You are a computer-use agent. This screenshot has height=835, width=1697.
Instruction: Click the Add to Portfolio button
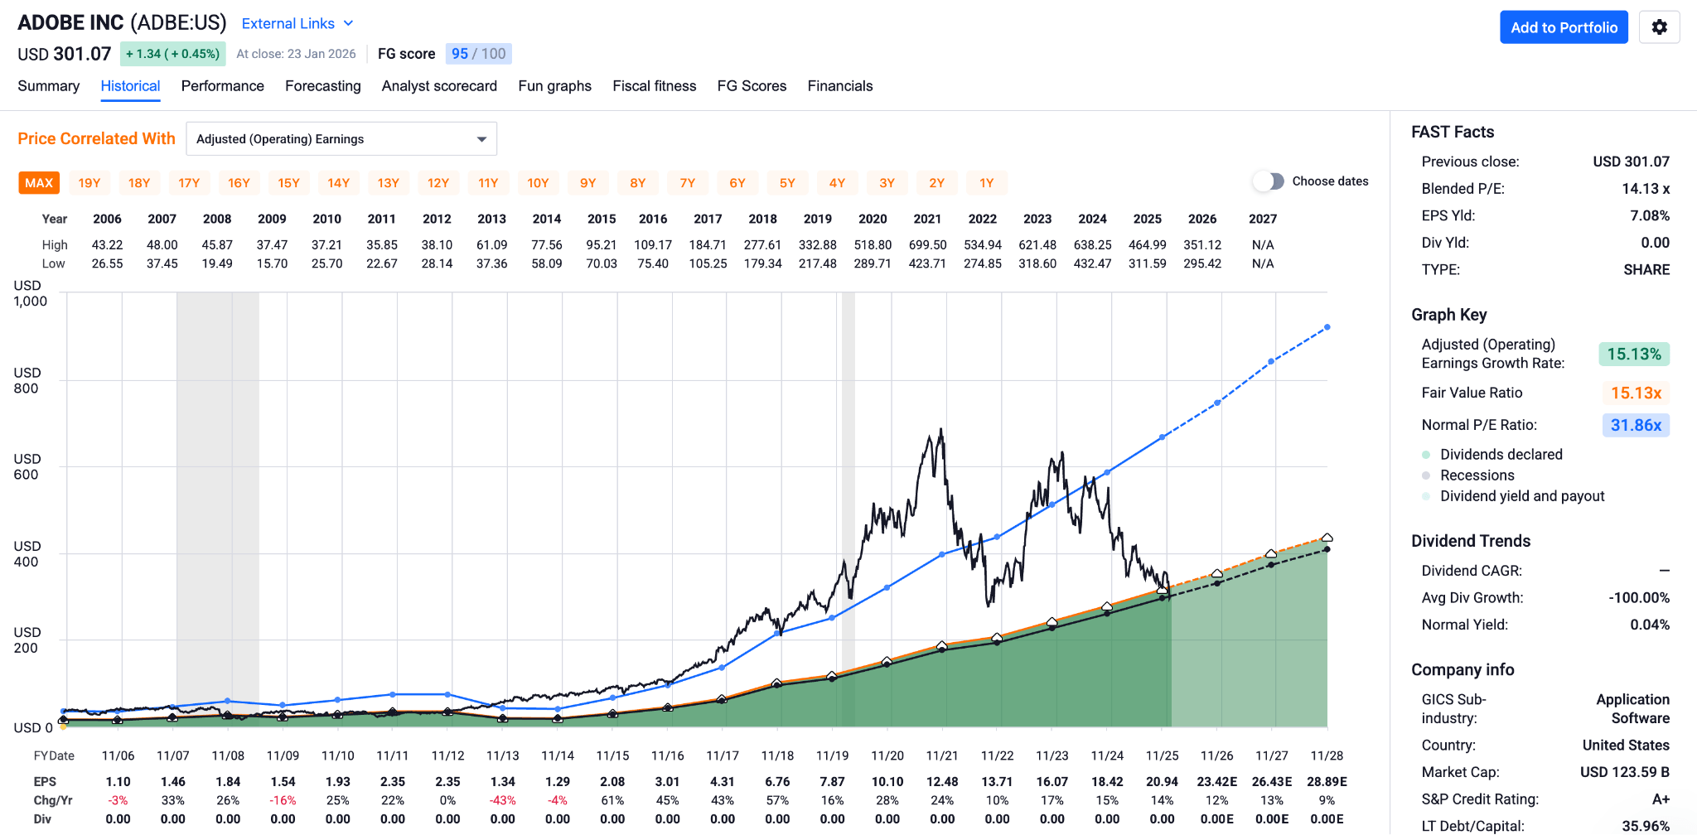tap(1564, 27)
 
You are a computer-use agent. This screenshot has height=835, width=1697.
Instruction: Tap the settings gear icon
tap(1659, 27)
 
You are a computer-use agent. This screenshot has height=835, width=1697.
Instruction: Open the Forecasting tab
tap(322, 86)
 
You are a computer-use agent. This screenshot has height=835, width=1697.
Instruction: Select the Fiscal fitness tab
tap(654, 86)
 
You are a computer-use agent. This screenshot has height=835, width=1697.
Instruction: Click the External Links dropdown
tap(297, 24)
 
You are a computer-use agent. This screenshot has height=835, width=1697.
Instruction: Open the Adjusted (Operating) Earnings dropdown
tap(341, 139)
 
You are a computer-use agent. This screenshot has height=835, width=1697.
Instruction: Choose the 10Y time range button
tap(538, 183)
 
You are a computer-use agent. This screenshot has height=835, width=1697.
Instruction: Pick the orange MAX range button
tap(39, 183)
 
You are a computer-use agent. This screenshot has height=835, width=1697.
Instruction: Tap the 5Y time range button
tap(787, 183)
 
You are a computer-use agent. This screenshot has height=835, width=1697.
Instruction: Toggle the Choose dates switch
tap(1269, 181)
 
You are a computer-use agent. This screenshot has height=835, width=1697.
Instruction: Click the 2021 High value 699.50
tap(927, 245)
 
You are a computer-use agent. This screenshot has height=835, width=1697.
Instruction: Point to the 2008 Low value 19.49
tap(217, 263)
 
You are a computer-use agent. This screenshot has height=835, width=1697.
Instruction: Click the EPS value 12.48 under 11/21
tap(942, 782)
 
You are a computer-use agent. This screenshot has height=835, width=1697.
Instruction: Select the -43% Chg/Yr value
tap(503, 801)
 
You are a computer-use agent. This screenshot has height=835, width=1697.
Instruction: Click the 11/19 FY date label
tap(832, 755)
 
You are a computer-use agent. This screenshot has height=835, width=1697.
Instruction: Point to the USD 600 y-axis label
tap(27, 466)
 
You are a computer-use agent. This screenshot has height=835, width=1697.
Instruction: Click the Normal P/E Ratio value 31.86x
tap(1636, 425)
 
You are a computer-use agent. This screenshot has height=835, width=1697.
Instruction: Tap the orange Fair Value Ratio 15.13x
tap(1636, 393)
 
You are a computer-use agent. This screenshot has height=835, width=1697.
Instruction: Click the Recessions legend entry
tap(1477, 475)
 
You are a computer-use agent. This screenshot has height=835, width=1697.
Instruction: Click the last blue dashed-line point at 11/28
tap(1327, 327)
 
